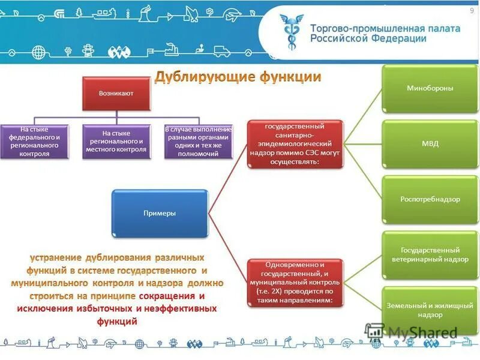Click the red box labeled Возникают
click(116, 94)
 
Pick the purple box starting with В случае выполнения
click(199, 141)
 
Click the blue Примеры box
click(160, 213)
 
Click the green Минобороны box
click(422, 89)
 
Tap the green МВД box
click(422, 144)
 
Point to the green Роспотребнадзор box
click(422, 199)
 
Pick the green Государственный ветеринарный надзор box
click(422, 254)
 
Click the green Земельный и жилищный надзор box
click(422, 309)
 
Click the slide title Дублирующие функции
click(239, 77)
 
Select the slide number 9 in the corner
click(471, 11)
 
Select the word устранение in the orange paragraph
click(58, 257)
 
